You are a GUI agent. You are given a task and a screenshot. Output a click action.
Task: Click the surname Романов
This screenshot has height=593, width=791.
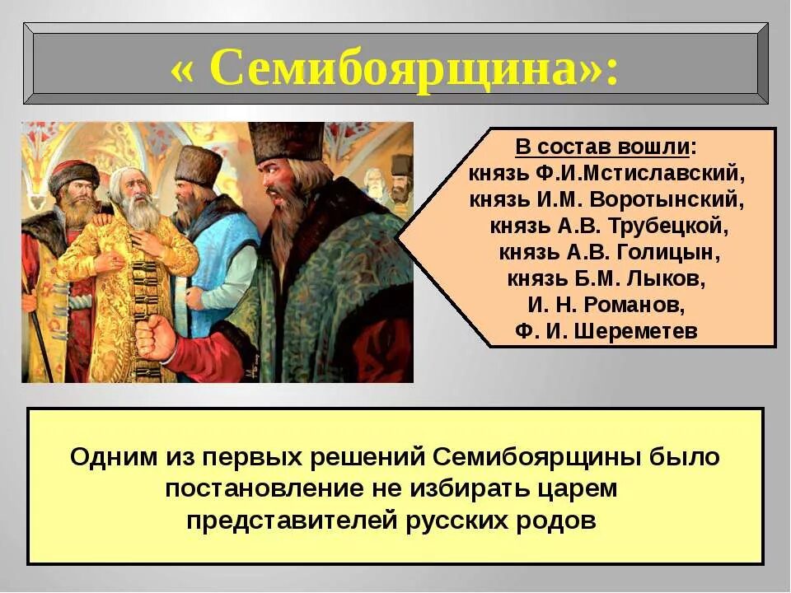pyautogui.click(x=631, y=305)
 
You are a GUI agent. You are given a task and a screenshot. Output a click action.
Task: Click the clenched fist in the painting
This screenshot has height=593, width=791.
pyautogui.click(x=157, y=336)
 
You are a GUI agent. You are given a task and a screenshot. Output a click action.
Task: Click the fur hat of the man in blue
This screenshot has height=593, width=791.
pyautogui.click(x=198, y=166)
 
